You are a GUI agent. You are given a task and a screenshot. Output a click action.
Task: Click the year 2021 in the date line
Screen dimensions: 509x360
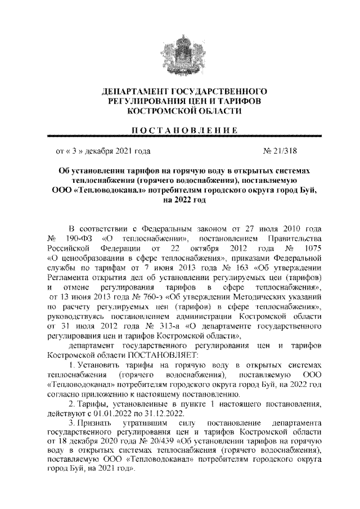click(x=127, y=151)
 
